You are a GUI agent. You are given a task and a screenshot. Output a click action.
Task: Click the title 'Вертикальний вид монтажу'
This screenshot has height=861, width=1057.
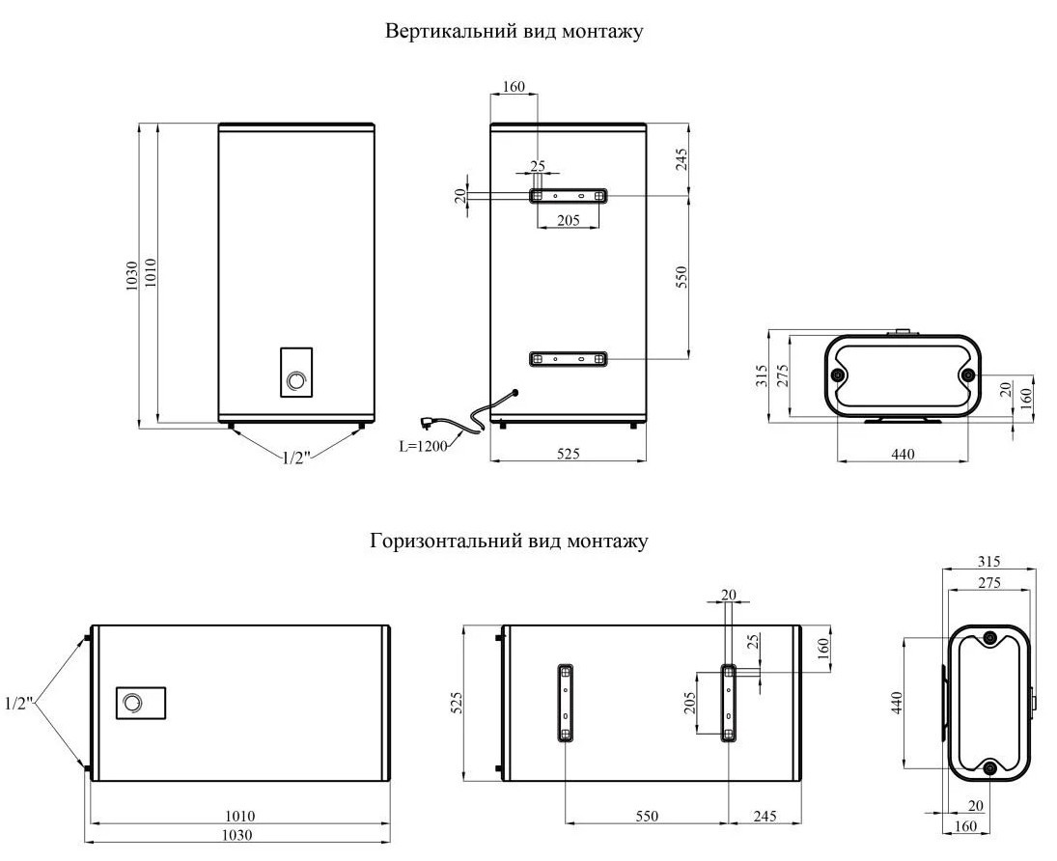pyautogui.click(x=514, y=31)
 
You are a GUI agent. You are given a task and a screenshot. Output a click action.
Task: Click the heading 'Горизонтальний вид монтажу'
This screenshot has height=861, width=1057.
pyautogui.click(x=509, y=542)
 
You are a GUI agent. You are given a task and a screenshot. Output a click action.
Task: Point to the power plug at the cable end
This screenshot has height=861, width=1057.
pyautogui.click(x=426, y=421)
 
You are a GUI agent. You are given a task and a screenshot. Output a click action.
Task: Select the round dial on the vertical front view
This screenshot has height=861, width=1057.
pyautogui.click(x=295, y=382)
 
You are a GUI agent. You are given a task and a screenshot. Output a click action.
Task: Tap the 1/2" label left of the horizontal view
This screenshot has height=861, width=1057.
pyautogui.click(x=18, y=703)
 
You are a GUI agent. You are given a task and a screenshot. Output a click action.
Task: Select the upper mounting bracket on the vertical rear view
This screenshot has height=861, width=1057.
pyautogui.click(x=568, y=195)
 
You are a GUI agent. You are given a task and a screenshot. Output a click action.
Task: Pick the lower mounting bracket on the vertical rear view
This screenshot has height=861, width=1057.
pyautogui.click(x=568, y=359)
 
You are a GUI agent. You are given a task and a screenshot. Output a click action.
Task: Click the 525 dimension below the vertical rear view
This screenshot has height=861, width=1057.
pyautogui.click(x=568, y=453)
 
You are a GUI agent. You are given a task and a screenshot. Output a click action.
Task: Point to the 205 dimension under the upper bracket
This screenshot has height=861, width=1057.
pyautogui.click(x=568, y=220)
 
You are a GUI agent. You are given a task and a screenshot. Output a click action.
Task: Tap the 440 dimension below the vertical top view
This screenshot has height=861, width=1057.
pyautogui.click(x=902, y=453)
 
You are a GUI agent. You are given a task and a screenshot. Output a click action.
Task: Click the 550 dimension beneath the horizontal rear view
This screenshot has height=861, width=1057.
pyautogui.click(x=646, y=816)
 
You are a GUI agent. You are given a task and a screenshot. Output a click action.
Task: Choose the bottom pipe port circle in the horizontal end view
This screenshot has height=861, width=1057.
pyautogui.click(x=990, y=768)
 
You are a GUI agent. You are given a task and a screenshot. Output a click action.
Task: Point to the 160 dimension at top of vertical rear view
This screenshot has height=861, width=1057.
pyautogui.click(x=514, y=87)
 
